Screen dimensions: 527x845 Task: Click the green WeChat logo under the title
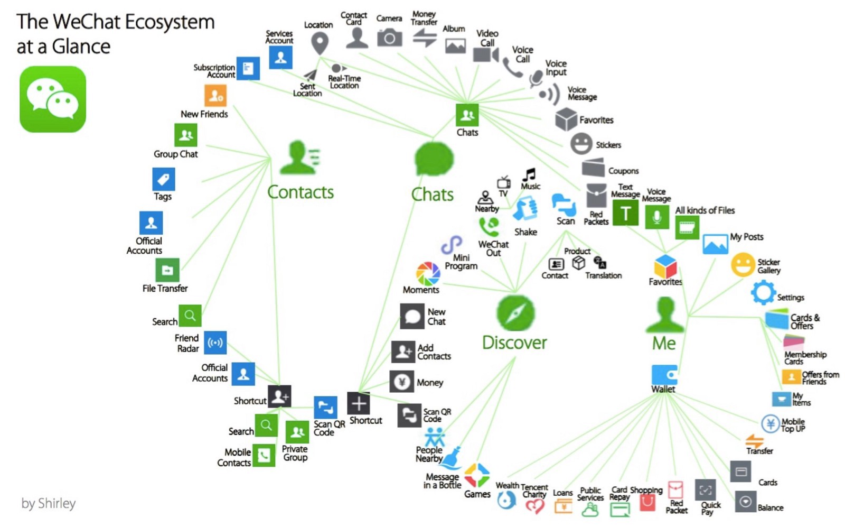[x=53, y=99]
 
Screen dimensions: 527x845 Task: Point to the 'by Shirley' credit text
[x=49, y=503]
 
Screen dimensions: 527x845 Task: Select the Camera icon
[x=389, y=38]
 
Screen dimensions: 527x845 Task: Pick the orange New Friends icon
[x=215, y=96]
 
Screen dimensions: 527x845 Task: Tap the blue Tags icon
[x=163, y=179]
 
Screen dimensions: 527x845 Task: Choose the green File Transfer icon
[x=167, y=270]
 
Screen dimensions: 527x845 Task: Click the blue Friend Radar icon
[x=215, y=343]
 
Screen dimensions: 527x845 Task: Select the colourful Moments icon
[x=427, y=273]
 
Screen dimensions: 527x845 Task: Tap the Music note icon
[x=529, y=174]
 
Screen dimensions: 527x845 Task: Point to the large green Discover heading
[x=514, y=343]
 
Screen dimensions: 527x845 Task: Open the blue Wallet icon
[x=664, y=375]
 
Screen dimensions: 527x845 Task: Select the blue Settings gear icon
[x=763, y=292]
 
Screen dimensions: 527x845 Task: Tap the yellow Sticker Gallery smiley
[x=743, y=264]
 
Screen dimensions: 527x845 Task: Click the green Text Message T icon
[x=625, y=213]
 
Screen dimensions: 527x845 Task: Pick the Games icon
[x=477, y=475]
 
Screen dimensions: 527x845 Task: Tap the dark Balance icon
[x=745, y=501]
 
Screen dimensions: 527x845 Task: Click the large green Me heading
[x=664, y=344]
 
